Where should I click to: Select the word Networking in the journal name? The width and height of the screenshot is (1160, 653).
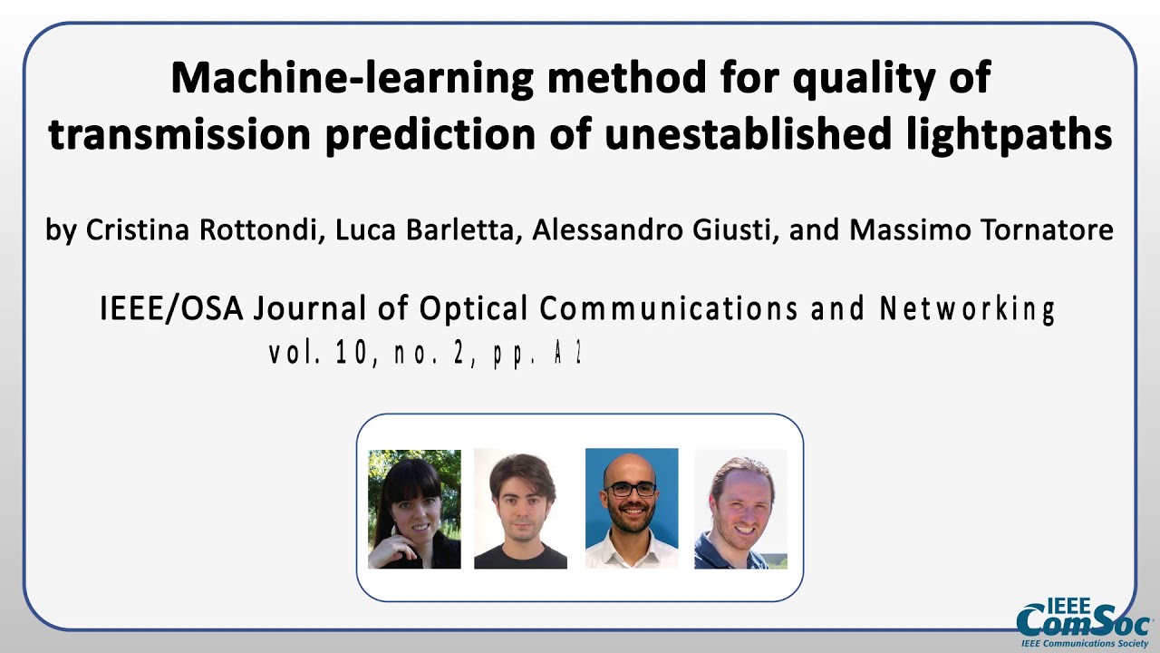[967, 309]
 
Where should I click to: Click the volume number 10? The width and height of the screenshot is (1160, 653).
[352, 354]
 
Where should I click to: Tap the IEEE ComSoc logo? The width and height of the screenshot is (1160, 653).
[1083, 622]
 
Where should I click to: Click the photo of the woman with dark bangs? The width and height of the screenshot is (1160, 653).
[414, 509]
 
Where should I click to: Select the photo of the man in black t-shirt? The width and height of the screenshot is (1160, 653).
[520, 509]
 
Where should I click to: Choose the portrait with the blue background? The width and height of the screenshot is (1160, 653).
[632, 509]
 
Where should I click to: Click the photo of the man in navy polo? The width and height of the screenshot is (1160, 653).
[740, 509]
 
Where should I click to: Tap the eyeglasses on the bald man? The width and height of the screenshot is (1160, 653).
[631, 489]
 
